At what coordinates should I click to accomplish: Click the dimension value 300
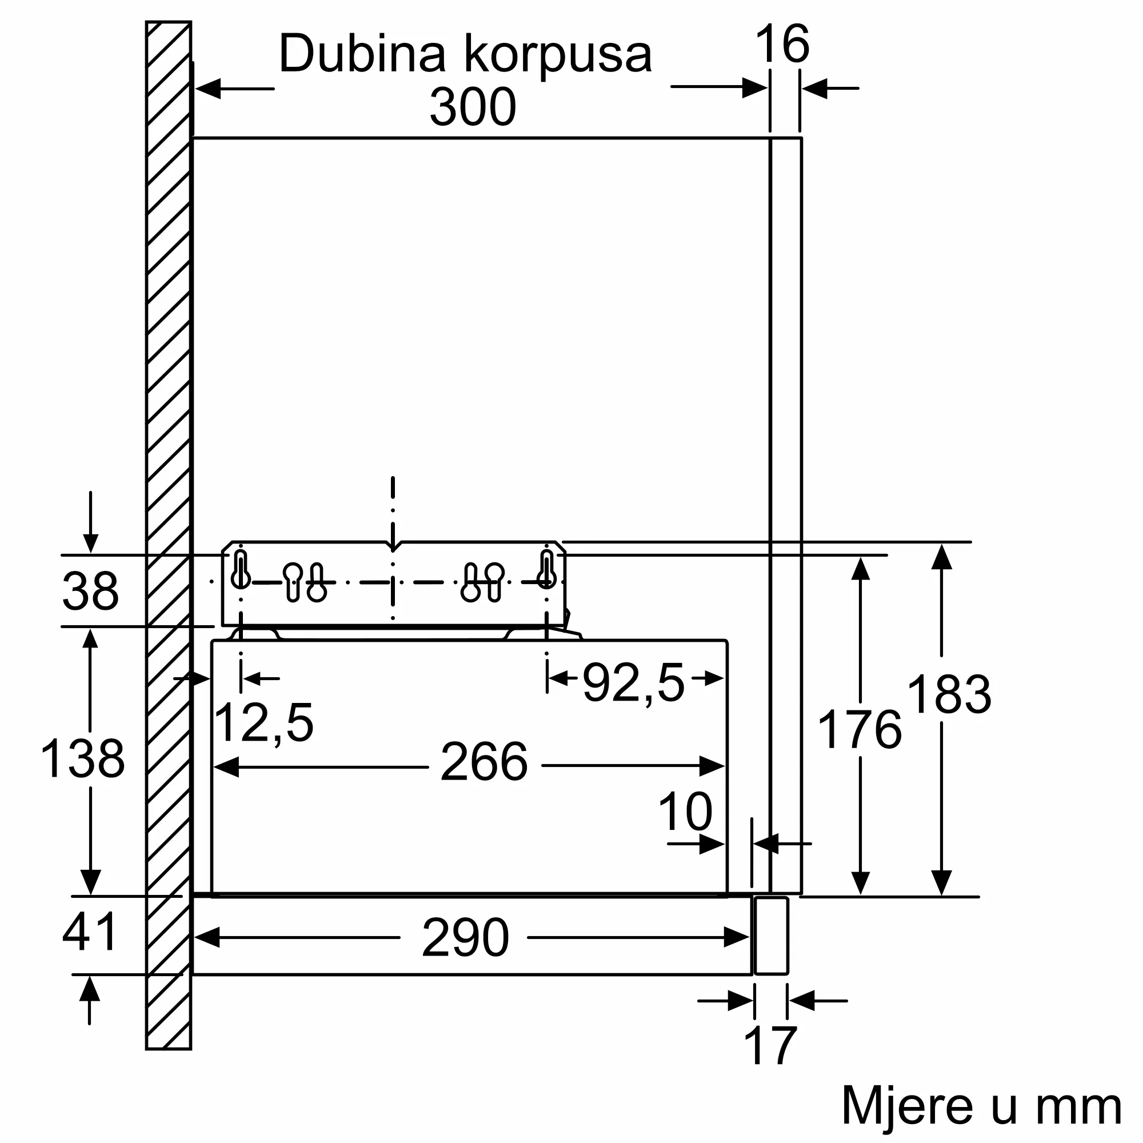coord(473,107)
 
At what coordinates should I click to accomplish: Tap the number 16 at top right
coord(782,44)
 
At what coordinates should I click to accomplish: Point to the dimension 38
coord(90,591)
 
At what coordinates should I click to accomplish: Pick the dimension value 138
coord(83,759)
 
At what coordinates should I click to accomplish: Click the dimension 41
coord(90,932)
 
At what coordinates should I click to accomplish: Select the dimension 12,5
coord(263,722)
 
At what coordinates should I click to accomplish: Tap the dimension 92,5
coord(634,684)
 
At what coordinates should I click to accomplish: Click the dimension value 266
coord(484,762)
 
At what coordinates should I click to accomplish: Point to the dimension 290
coord(465,938)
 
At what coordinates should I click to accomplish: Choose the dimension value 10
coord(685,812)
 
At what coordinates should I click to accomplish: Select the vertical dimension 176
coord(859,730)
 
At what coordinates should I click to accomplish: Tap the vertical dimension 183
coord(948,695)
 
